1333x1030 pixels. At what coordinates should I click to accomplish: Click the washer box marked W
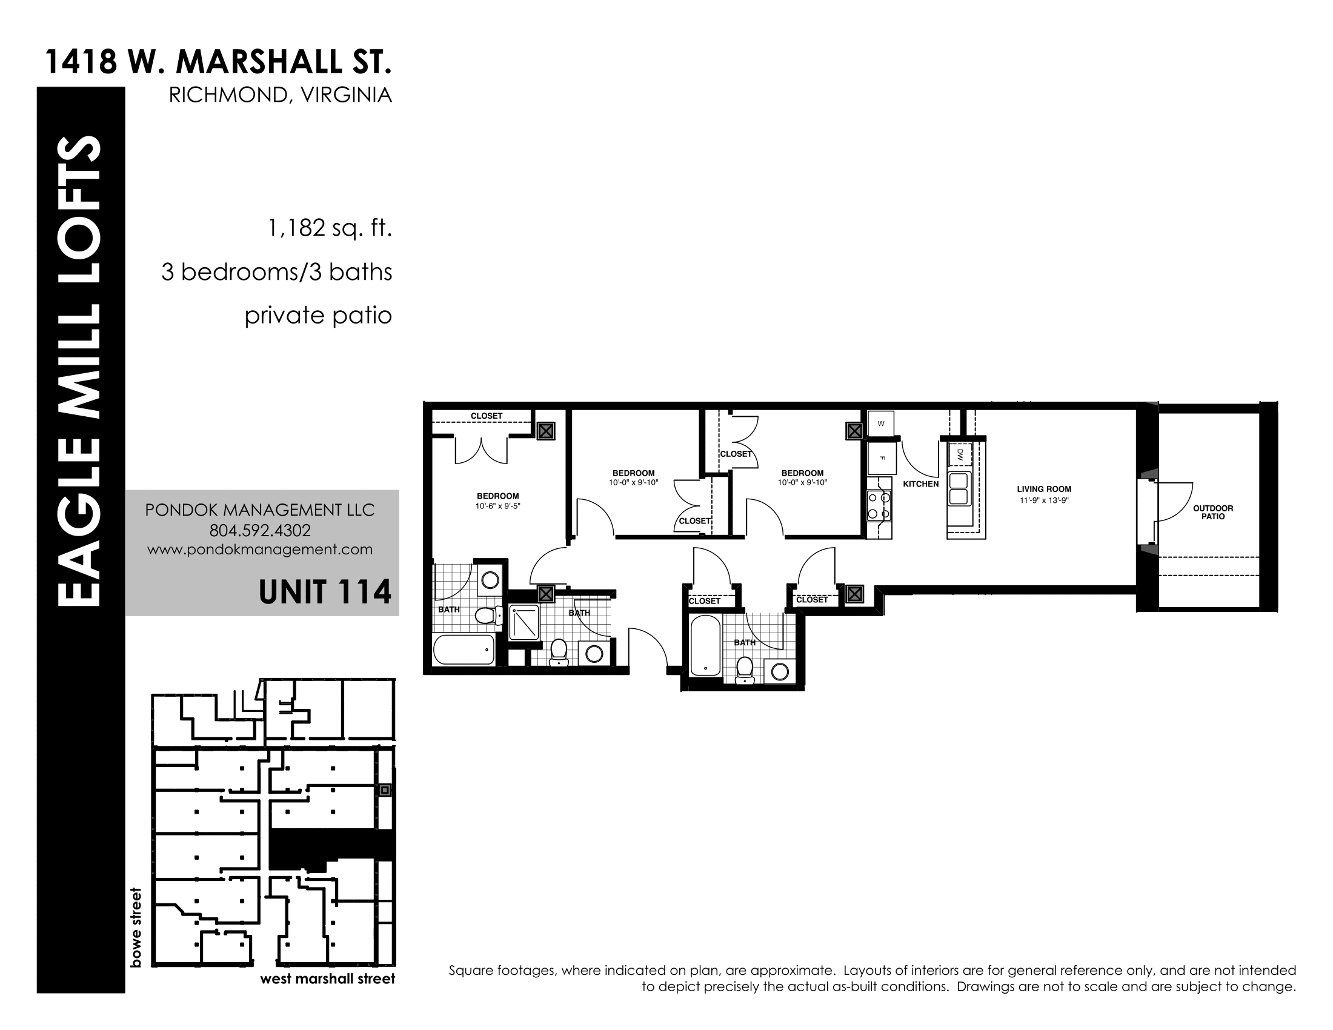coord(881,423)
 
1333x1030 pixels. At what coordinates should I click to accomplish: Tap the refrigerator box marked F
coord(882,457)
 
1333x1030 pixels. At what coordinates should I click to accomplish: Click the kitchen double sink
coord(959,488)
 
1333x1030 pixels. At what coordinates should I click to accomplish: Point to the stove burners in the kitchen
coord(879,506)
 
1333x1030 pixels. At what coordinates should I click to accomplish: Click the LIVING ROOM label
coord(1044,489)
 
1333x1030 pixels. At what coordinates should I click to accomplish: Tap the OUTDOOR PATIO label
coord(1213,512)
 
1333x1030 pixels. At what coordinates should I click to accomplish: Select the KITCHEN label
coord(920,484)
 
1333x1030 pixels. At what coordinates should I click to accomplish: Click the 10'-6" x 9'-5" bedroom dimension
coord(498,506)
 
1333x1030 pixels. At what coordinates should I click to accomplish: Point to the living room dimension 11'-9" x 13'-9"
coord(1045,500)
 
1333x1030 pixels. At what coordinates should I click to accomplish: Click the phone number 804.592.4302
coord(260,530)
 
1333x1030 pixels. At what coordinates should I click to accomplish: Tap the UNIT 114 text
coord(325,592)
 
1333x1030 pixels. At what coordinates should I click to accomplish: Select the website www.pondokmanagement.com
coord(260,549)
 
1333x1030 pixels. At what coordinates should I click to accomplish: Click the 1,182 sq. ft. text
coord(330,229)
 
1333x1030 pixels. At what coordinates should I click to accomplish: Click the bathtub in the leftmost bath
coord(464,649)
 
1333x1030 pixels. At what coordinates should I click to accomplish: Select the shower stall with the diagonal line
coord(524,622)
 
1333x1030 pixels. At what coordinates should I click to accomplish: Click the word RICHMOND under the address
coord(222,95)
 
